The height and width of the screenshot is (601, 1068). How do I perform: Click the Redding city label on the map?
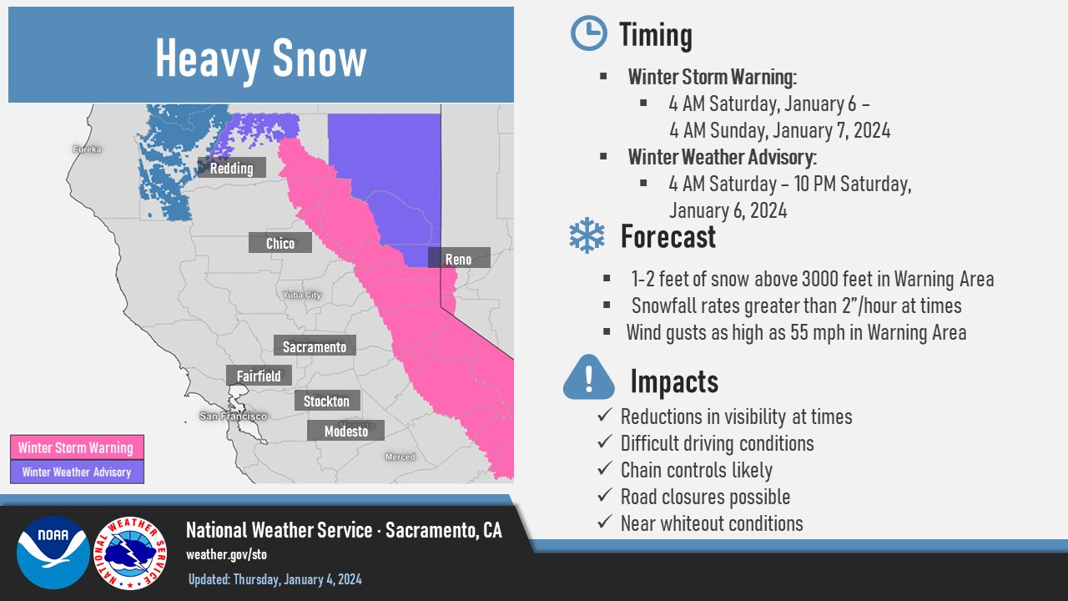pyautogui.click(x=232, y=168)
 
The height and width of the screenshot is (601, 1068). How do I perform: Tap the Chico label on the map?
pyautogui.click(x=280, y=243)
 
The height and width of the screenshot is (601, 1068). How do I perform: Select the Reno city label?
pyautogui.click(x=459, y=258)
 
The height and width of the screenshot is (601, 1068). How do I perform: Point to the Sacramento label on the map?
pyautogui.click(x=315, y=346)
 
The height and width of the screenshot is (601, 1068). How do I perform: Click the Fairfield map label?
pyautogui.click(x=259, y=376)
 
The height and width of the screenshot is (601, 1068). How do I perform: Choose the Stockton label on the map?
pyautogui.click(x=327, y=401)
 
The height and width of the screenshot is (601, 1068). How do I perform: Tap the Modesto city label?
pyautogui.click(x=345, y=430)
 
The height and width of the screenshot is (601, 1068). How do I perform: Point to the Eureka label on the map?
pyautogui.click(x=87, y=149)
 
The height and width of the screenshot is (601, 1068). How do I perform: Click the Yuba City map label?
pyautogui.click(x=302, y=295)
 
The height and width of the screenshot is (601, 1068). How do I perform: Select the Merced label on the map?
pyautogui.click(x=400, y=457)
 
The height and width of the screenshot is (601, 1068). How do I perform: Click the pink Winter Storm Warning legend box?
pyautogui.click(x=77, y=447)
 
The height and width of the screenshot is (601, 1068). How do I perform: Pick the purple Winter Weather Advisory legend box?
pyautogui.click(x=77, y=472)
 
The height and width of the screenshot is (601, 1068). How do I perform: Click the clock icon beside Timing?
pyautogui.click(x=589, y=33)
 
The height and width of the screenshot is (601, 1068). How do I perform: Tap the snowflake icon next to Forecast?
pyautogui.click(x=587, y=235)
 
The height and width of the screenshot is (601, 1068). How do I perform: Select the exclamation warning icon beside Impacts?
pyautogui.click(x=589, y=377)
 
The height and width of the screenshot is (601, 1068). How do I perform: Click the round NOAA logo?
pyautogui.click(x=53, y=553)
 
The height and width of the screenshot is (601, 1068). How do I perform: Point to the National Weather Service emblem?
pyautogui.click(x=130, y=553)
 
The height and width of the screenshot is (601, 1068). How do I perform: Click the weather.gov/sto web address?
pyautogui.click(x=226, y=554)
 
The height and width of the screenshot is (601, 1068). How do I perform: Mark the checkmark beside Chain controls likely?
pyautogui.click(x=605, y=468)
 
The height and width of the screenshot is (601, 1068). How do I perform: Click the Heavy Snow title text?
pyautogui.click(x=261, y=58)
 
